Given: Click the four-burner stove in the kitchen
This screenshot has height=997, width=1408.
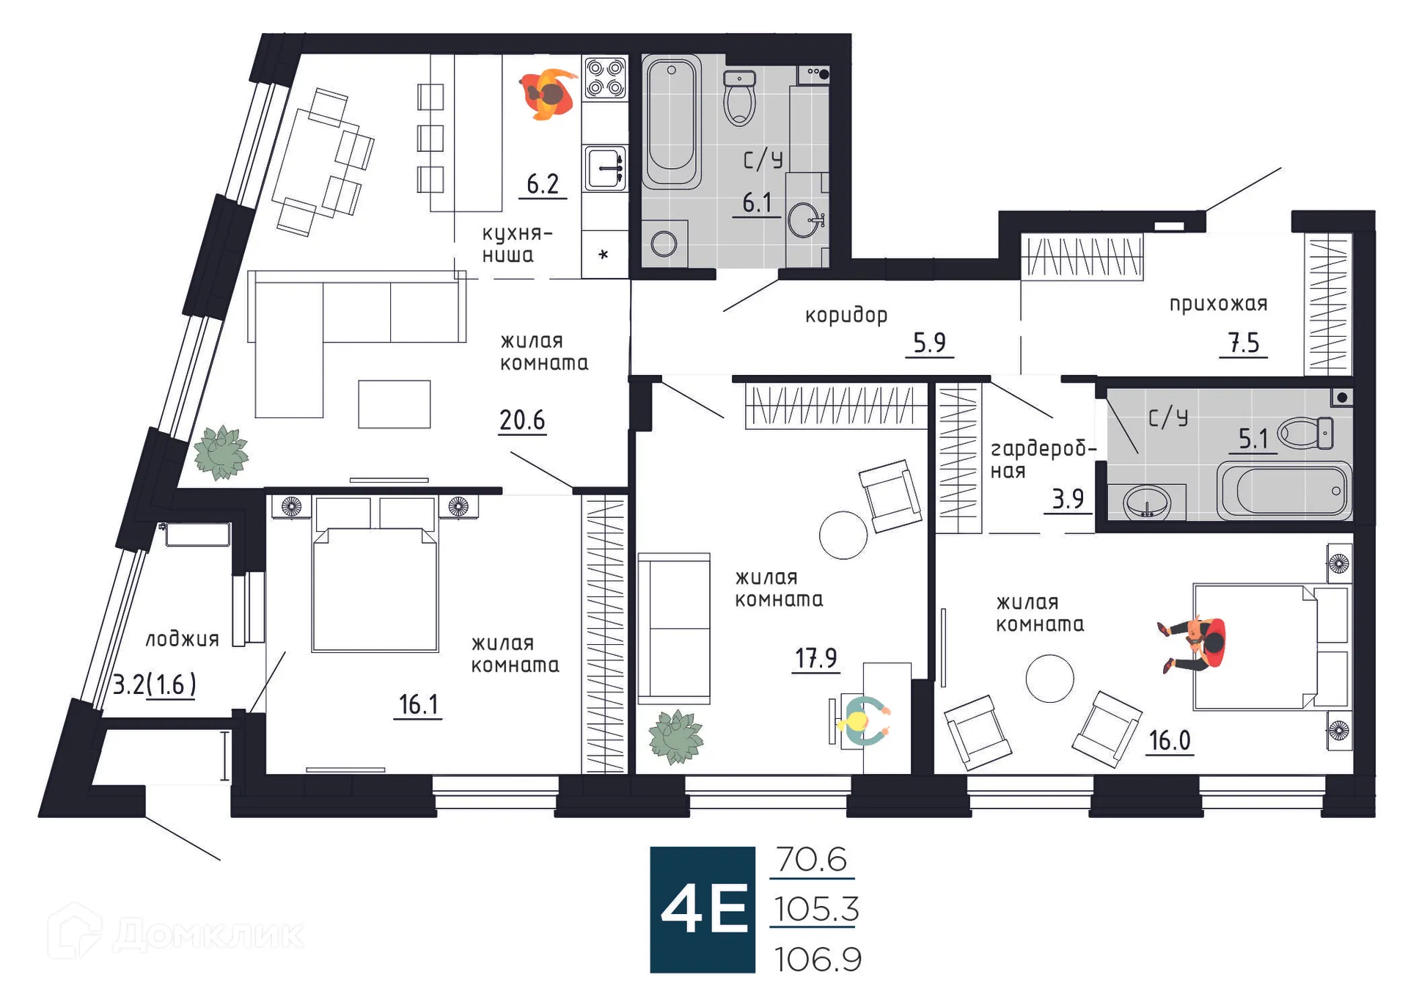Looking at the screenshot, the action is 605,78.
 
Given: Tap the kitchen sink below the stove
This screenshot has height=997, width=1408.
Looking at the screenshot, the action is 605,168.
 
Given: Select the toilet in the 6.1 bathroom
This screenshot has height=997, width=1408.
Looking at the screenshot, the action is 739,98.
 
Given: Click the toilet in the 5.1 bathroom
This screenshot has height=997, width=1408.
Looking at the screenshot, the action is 1306,433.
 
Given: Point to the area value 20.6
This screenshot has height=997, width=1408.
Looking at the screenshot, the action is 522,420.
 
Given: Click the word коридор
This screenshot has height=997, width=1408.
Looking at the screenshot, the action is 846,315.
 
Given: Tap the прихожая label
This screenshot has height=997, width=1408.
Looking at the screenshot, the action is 1218,304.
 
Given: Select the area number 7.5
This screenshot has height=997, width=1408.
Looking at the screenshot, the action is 1244,343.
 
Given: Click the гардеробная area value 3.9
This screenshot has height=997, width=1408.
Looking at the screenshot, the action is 1068,499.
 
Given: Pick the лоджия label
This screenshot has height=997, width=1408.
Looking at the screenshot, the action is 182,639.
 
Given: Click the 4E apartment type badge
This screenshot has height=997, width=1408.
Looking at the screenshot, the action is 703,910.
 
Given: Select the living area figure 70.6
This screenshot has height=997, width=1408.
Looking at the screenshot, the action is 812,859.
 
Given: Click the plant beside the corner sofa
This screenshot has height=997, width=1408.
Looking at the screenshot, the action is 221,453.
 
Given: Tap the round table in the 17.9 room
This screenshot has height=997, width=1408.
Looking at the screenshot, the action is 843,535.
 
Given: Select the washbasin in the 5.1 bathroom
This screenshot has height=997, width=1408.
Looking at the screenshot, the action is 1147,503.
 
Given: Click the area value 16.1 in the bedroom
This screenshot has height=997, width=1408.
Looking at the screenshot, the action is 418,704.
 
